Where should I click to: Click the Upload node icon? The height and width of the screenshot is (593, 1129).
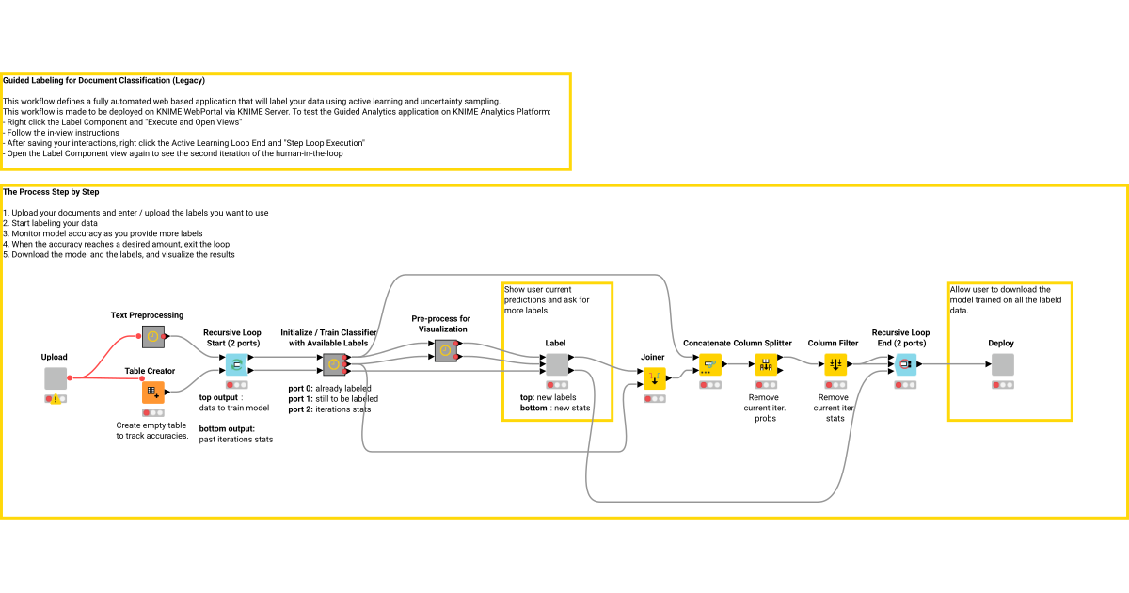click(56, 378)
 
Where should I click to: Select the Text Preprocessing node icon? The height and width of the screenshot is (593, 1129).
click(152, 336)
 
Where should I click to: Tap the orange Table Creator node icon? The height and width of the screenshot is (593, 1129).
click(152, 393)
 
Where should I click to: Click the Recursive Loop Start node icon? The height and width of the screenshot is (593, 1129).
click(237, 364)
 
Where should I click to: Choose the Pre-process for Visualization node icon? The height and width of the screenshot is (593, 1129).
click(446, 350)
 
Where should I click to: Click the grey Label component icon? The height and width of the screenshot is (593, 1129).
click(556, 364)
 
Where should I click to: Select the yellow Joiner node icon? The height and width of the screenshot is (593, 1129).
click(654, 378)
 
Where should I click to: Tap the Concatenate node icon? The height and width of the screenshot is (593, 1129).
click(710, 364)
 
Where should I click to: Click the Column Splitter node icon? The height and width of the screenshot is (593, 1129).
click(765, 364)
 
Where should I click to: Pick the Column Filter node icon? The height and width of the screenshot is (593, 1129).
click(835, 364)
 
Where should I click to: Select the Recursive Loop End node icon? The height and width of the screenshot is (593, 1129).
click(905, 364)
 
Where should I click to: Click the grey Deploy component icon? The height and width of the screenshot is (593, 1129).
click(1002, 364)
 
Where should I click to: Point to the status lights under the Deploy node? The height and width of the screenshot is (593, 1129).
click(1002, 385)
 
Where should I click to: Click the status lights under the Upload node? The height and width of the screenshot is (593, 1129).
click(56, 399)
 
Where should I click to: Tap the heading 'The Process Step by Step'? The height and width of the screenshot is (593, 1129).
click(52, 192)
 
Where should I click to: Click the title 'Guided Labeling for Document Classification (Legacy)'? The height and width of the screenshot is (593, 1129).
click(103, 81)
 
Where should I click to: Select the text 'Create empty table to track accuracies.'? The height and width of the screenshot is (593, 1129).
click(151, 430)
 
